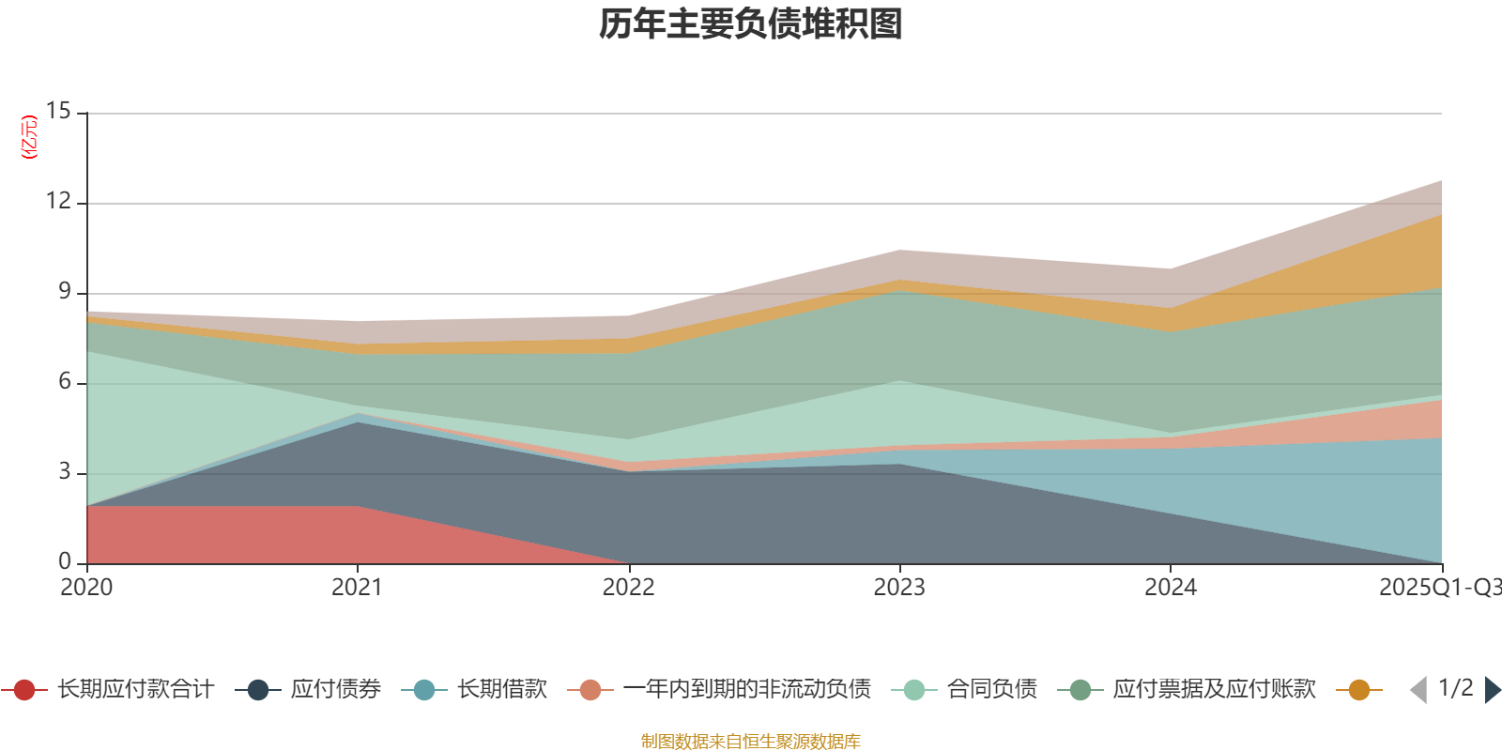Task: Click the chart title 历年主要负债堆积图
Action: click(751, 24)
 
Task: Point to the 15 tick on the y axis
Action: click(58, 111)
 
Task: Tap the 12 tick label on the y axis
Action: click(58, 201)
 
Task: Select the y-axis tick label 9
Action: click(64, 291)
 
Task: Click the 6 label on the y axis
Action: click(64, 381)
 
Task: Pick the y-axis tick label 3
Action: click(64, 471)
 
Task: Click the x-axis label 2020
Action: click(86, 588)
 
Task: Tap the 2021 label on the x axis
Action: click(357, 588)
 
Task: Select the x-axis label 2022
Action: click(628, 588)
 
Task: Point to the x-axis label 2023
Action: click(899, 588)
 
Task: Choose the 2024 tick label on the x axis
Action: click(1170, 588)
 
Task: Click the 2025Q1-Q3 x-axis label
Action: click(1438, 588)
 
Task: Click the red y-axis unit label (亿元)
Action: click(30, 137)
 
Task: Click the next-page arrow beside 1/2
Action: click(1492, 690)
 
